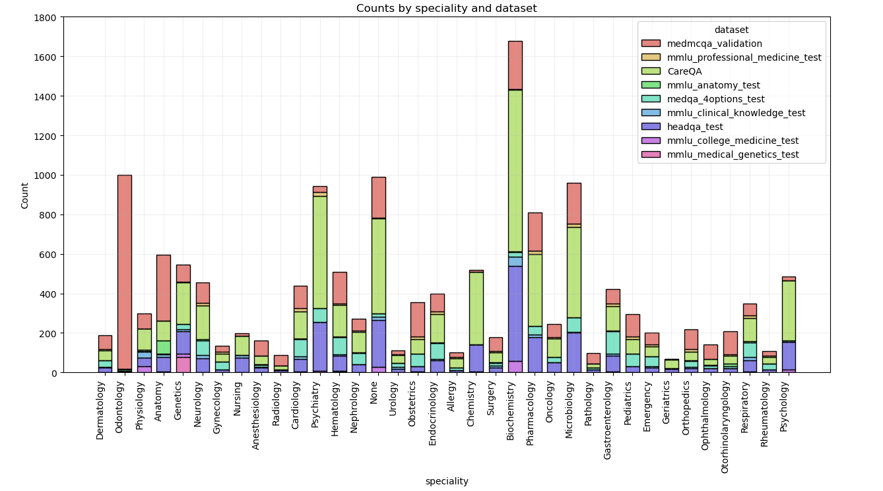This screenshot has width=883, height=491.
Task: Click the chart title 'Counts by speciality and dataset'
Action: tap(446, 9)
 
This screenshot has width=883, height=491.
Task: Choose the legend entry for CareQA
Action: tap(683, 71)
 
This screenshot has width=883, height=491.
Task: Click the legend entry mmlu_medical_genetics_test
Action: tap(733, 154)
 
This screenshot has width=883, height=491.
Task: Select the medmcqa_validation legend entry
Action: tap(715, 44)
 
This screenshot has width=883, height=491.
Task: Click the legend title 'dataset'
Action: tap(731, 30)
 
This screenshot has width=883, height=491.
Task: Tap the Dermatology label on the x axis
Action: tap(100, 412)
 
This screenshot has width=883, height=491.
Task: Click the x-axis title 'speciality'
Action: tap(446, 481)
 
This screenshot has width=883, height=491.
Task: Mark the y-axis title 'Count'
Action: tap(25, 195)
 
